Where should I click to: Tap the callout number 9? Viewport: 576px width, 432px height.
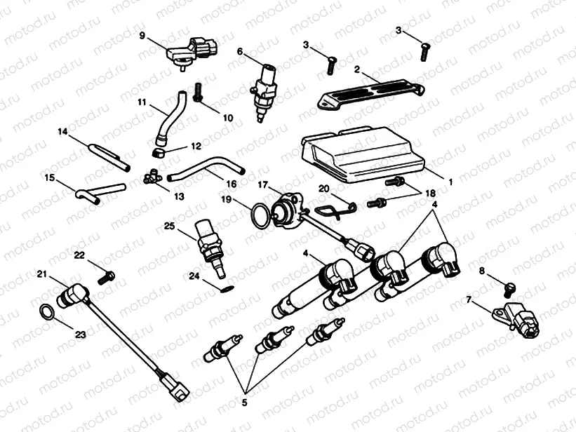(x=143, y=34)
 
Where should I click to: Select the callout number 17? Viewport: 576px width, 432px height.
(x=262, y=187)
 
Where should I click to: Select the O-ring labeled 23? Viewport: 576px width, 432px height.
(x=46, y=311)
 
